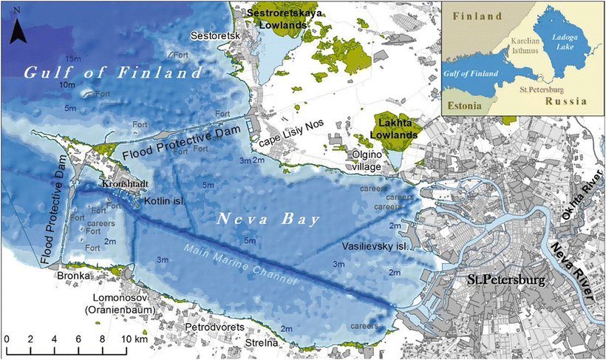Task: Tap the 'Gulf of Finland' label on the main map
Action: [112, 73]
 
